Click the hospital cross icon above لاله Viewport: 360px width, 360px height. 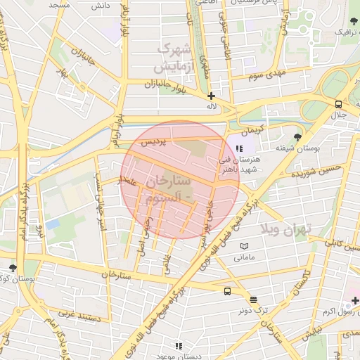click(211, 95)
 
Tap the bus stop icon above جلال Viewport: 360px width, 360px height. click(340, 104)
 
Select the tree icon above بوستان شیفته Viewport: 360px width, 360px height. click(298, 137)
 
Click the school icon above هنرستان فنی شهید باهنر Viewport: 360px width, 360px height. click(239, 148)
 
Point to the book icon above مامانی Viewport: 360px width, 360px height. click(244, 246)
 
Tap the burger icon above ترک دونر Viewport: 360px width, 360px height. click(254, 300)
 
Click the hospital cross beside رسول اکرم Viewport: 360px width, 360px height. click(355, 301)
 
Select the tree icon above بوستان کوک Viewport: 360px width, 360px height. click(13, 268)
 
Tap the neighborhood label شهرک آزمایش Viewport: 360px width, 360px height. click(172, 58)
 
